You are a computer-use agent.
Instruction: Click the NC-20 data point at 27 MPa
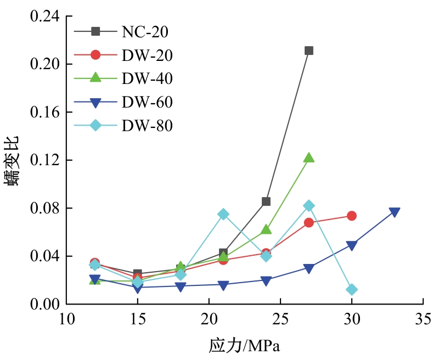(x=309, y=50)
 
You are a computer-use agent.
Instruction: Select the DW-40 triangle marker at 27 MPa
(x=309, y=158)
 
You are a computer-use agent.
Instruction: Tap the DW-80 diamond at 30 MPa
(x=352, y=289)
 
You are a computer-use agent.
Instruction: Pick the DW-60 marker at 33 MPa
(x=395, y=212)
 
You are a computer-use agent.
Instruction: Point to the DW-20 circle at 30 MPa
(x=352, y=216)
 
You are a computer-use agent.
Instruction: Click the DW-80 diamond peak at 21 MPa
(x=223, y=214)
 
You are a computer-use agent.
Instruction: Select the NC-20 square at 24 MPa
(x=266, y=201)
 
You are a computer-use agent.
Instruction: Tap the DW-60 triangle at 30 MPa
(x=352, y=245)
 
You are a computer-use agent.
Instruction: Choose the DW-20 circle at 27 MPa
(x=309, y=222)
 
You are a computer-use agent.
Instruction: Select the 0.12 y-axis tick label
(x=44, y=160)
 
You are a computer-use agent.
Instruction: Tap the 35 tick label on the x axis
(x=423, y=320)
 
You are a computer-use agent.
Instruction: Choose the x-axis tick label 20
(x=209, y=320)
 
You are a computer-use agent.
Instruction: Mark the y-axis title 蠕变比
(x=15, y=160)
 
